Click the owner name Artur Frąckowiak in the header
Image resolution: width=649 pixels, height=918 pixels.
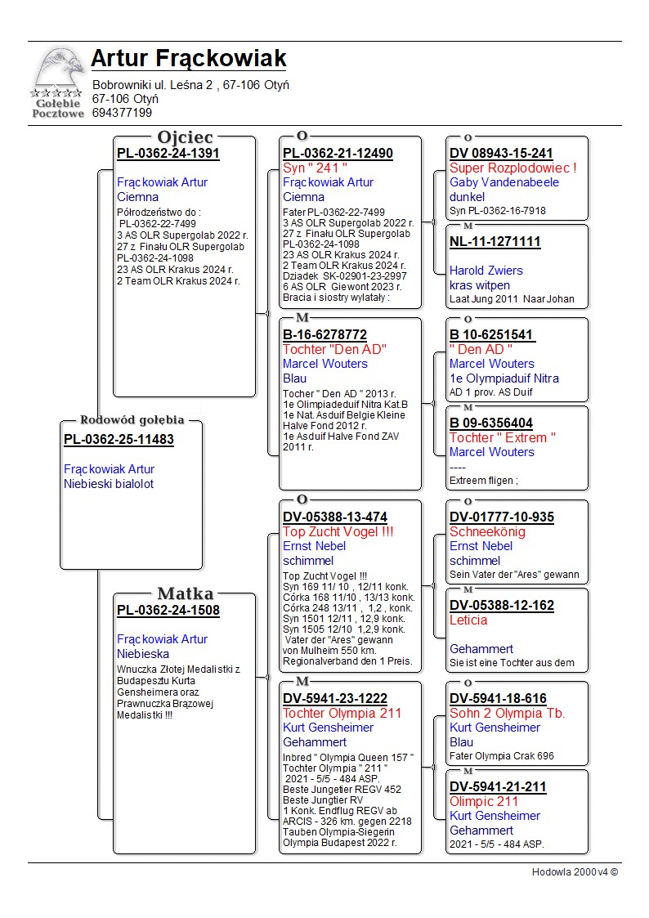[188, 58]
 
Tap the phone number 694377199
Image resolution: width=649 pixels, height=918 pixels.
[122, 113]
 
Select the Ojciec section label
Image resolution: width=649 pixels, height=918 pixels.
[185, 137]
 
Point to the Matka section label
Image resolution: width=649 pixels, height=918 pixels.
[185, 593]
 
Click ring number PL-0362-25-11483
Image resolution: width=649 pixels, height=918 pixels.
[119, 440]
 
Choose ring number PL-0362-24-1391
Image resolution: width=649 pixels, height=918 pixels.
[168, 153]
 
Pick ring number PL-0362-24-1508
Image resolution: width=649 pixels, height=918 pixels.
[168, 610]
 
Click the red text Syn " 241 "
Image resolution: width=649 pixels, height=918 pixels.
[315, 168]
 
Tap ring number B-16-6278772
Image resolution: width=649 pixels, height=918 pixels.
[324, 335]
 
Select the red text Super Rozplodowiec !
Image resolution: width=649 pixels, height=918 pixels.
[512, 168]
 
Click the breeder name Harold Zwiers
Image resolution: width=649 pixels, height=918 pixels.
[486, 271]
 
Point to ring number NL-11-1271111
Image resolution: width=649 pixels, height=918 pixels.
[495, 242]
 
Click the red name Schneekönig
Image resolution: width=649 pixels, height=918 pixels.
[487, 531]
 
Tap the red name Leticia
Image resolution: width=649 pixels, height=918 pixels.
[468, 620]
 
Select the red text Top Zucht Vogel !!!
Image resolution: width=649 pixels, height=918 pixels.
[338, 531]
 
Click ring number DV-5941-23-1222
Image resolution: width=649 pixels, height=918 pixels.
[334, 698]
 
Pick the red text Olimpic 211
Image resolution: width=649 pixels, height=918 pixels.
[484, 801]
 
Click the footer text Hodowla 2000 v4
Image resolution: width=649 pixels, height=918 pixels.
[575, 872]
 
